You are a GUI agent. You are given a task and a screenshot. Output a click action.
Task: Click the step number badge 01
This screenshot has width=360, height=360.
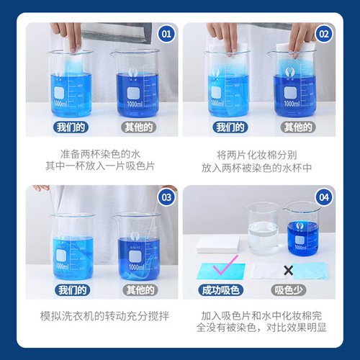pos(166,33)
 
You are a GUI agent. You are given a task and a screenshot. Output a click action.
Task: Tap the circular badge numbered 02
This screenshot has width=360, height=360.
pos(323,33)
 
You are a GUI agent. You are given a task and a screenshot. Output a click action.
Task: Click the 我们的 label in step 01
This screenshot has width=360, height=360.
pos(71,127)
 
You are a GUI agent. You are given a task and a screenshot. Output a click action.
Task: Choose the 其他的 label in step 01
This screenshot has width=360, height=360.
pos(138,127)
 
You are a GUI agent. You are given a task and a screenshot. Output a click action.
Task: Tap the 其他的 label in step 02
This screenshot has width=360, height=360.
pos(297,127)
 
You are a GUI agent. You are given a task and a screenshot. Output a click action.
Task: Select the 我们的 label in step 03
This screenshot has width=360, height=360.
pos(71,291)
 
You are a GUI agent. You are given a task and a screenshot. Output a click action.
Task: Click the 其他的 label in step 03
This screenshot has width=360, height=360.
pos(138,291)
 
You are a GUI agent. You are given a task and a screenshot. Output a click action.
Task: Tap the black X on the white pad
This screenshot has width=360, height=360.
pos(288,269)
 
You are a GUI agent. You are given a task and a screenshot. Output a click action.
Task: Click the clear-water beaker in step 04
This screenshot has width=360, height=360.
pos(262,230)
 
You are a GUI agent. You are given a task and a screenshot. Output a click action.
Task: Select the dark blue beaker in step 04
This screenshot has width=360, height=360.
pos(303,230)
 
